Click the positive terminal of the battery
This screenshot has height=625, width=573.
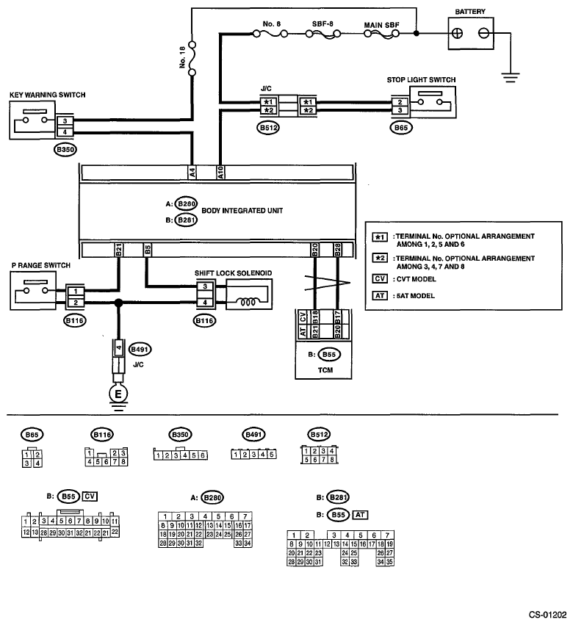[x=458, y=33]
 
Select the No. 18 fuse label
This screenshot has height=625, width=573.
[x=183, y=57]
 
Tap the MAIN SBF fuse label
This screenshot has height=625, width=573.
[x=381, y=25]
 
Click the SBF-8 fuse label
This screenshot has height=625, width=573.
[x=322, y=24]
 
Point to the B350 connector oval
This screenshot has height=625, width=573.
[x=65, y=150]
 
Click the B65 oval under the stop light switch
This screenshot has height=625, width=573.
[x=401, y=128]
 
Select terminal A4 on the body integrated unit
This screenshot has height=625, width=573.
[x=192, y=173]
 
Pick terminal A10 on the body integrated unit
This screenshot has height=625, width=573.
[x=220, y=173]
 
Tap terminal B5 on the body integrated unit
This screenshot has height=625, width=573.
[x=147, y=250]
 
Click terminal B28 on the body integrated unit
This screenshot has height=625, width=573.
[x=337, y=250]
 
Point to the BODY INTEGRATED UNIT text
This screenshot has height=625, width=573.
[x=242, y=211]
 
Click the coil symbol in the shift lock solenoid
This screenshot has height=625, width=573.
[x=248, y=302]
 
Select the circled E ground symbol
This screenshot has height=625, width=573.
[x=118, y=394]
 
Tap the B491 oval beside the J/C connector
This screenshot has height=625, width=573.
[x=140, y=350]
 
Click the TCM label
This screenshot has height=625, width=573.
[x=325, y=370]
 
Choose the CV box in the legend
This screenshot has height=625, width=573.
[x=380, y=278]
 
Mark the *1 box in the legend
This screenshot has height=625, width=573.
[x=380, y=237]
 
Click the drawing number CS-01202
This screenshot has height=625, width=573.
[x=547, y=615]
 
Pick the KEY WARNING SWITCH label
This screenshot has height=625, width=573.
[x=48, y=95]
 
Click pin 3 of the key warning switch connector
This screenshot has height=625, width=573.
[x=65, y=120]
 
